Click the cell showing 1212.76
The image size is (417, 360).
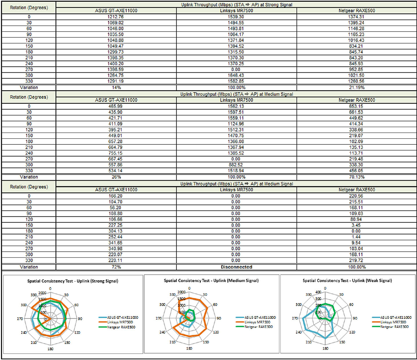(116, 17)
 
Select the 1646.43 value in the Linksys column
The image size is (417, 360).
(236, 75)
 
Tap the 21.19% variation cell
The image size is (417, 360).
(356, 88)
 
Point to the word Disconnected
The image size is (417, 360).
(236, 267)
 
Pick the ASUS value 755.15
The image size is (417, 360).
(116, 153)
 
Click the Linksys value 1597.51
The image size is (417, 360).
(236, 112)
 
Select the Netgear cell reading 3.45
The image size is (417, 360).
(356, 225)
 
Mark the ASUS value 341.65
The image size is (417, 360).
(116, 243)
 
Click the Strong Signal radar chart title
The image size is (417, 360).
(73, 281)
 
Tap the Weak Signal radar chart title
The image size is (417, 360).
(347, 281)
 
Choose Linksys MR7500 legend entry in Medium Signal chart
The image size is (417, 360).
(257, 322)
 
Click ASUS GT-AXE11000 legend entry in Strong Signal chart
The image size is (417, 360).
(123, 318)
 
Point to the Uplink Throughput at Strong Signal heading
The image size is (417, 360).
(236, 5)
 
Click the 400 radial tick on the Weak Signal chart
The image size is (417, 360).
(318, 292)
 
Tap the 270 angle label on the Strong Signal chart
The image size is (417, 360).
(20, 319)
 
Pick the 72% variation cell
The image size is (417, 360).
(116, 267)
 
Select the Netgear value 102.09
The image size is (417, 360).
(356, 141)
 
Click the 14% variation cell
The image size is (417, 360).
(116, 88)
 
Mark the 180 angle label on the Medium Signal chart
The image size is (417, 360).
(189, 348)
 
